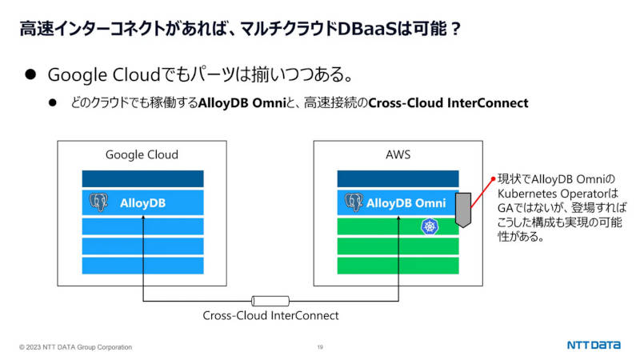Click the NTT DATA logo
[x=594, y=346]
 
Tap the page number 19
[x=320, y=347]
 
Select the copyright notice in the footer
[x=75, y=347]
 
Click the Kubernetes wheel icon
[x=430, y=226]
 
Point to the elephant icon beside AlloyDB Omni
[x=354, y=202]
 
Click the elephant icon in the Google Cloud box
[x=98, y=202]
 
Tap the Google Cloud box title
[x=142, y=154]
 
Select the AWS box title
[x=398, y=154]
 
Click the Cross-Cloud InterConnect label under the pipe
[x=270, y=315]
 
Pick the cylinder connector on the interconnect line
[x=270, y=302]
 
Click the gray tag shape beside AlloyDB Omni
[x=463, y=210]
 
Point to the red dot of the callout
[x=493, y=178]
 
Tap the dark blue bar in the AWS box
[x=398, y=178]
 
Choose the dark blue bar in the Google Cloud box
[x=143, y=178]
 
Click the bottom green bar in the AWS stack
[x=398, y=266]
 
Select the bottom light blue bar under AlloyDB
[x=143, y=266]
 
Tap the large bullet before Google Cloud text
[x=30, y=74]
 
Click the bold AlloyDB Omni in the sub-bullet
[x=242, y=103]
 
